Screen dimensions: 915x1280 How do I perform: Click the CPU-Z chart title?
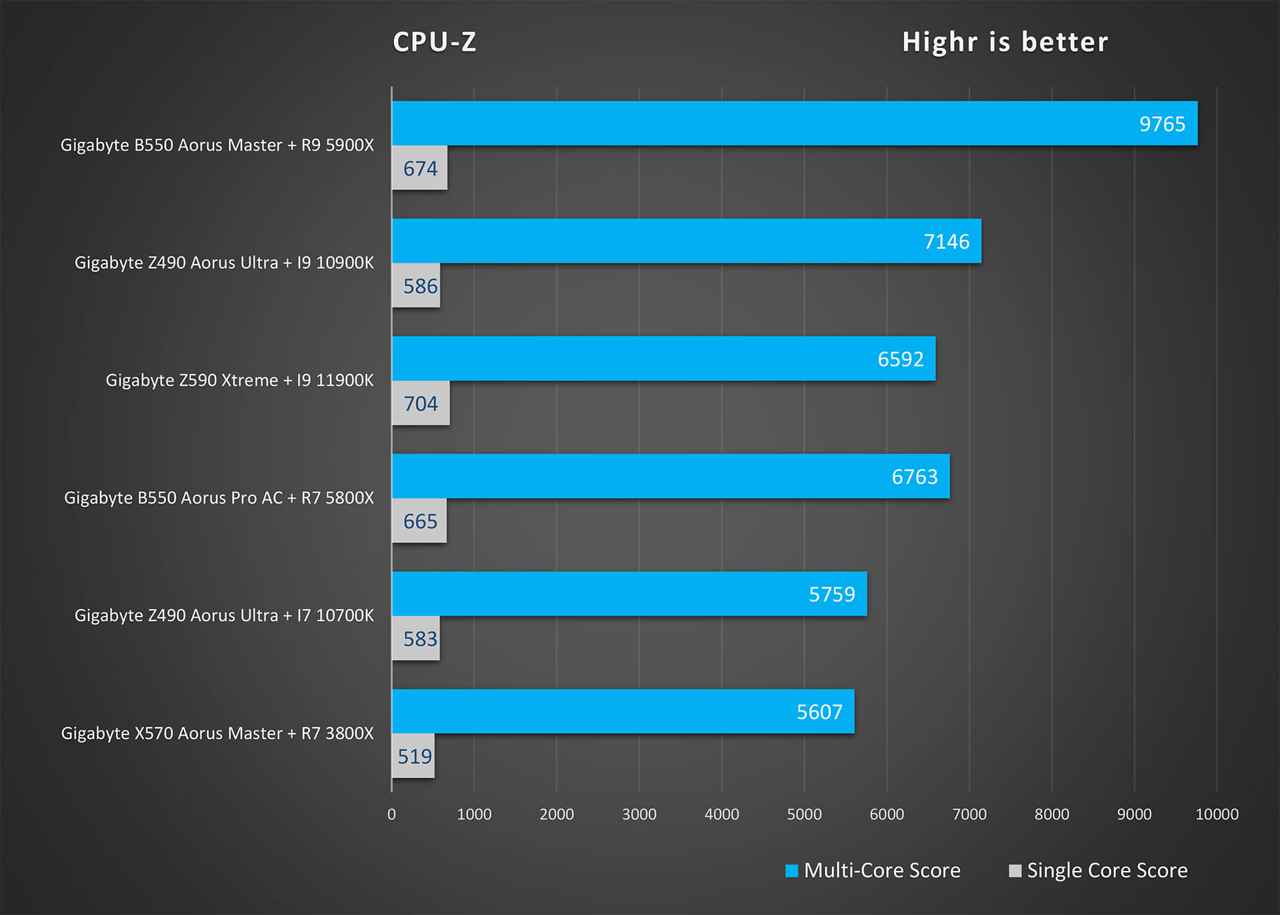point(435,42)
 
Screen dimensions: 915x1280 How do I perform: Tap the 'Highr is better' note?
point(1005,42)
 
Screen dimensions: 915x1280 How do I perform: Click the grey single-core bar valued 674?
point(419,168)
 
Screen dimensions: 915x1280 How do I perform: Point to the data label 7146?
point(946,241)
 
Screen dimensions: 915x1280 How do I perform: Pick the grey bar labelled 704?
point(421,403)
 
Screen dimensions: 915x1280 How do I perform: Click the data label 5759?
point(831,594)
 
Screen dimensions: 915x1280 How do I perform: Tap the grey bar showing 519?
point(413,756)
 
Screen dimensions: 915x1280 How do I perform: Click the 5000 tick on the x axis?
point(804,814)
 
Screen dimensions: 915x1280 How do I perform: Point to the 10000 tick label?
point(1217,814)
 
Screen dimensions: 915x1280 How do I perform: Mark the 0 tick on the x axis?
point(391,814)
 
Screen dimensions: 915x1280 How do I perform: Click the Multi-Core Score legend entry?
point(873,870)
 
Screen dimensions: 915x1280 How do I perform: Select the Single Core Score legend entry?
point(1099,870)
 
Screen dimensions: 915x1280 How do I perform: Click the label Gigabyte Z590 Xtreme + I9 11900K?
point(239,381)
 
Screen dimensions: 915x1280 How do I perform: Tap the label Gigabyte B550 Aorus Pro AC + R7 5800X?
point(219,498)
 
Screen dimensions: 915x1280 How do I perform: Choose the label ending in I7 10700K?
point(224,616)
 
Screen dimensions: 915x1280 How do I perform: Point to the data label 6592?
point(900,359)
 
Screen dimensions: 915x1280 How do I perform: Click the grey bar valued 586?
point(416,286)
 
